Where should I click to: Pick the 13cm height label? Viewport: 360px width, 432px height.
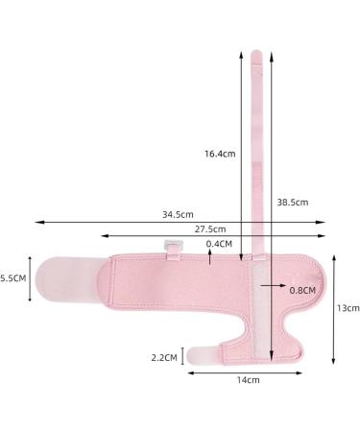tap(348, 308)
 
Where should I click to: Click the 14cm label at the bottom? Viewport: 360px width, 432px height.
tap(249, 380)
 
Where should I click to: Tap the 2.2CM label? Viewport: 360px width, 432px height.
tap(165, 357)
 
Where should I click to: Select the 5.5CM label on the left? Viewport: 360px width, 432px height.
tap(12, 277)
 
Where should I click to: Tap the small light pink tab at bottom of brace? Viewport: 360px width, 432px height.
tap(201, 355)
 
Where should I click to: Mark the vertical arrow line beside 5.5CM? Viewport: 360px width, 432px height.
tap(31, 278)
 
